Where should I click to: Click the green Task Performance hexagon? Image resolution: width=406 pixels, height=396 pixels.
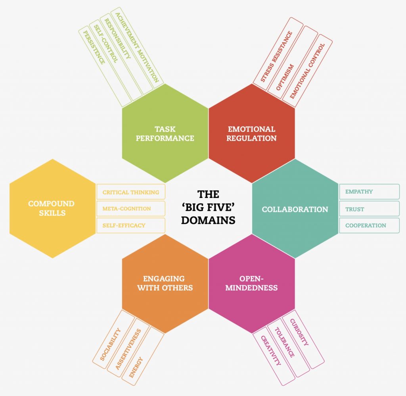[x=165, y=133]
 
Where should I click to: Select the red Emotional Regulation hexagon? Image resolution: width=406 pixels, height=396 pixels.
[x=252, y=133]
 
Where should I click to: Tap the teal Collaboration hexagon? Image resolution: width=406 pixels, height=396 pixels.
[x=295, y=209]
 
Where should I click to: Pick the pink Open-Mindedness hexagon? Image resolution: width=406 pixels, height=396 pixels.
[x=252, y=284]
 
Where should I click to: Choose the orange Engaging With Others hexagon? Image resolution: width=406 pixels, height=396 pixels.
[x=165, y=284]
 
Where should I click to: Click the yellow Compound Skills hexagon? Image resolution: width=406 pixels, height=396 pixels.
[x=53, y=208]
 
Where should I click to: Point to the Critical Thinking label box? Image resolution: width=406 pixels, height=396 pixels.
[x=131, y=192]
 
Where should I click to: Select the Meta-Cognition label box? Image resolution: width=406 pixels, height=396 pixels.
[x=131, y=209]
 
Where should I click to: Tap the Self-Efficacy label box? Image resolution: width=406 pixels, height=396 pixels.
[x=131, y=225]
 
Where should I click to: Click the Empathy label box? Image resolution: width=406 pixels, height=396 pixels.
[x=369, y=192]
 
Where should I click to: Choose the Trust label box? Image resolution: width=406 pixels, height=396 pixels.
[x=369, y=209]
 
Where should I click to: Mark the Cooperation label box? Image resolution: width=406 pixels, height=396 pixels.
[x=369, y=225]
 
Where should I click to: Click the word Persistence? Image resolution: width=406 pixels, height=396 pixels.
[x=94, y=48]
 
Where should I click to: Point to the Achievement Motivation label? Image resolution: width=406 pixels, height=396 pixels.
[x=137, y=48]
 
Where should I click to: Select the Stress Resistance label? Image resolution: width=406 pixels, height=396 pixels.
[x=276, y=56]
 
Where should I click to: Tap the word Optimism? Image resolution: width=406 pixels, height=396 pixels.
[x=285, y=77]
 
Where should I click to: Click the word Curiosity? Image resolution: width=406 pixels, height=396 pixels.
[x=299, y=332]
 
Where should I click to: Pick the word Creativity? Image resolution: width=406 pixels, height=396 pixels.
[x=270, y=350]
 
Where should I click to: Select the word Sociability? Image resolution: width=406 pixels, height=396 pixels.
[x=110, y=344]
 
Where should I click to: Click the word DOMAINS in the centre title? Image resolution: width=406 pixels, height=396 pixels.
[x=208, y=220]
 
